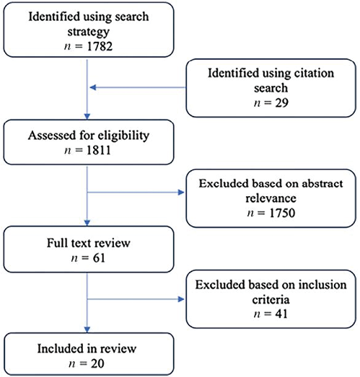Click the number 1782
[x=100, y=46]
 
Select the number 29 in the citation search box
[x=281, y=102]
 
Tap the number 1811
[x=98, y=150]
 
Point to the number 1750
[x=282, y=213]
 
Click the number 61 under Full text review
[x=99, y=258]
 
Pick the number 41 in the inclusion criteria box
[x=281, y=314]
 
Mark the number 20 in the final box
[x=97, y=363]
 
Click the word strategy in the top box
[x=88, y=32]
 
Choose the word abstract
[x=322, y=184]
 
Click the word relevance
[x=271, y=199]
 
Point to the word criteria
[x=271, y=300]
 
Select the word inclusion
[x=322, y=285]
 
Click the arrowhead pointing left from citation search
[x=93, y=87]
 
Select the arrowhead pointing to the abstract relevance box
[x=181, y=192]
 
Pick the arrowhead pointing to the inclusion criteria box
[x=181, y=299]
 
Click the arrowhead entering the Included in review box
[x=87, y=329]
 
